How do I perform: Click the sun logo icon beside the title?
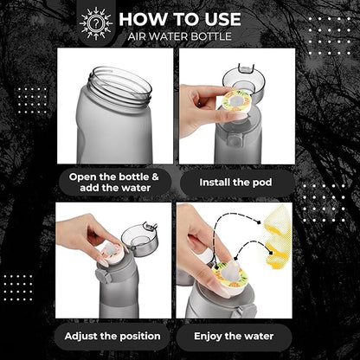96,23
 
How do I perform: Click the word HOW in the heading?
141,18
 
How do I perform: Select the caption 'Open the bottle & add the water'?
113,183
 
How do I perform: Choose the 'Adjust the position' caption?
113,335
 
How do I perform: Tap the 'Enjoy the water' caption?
235,335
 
